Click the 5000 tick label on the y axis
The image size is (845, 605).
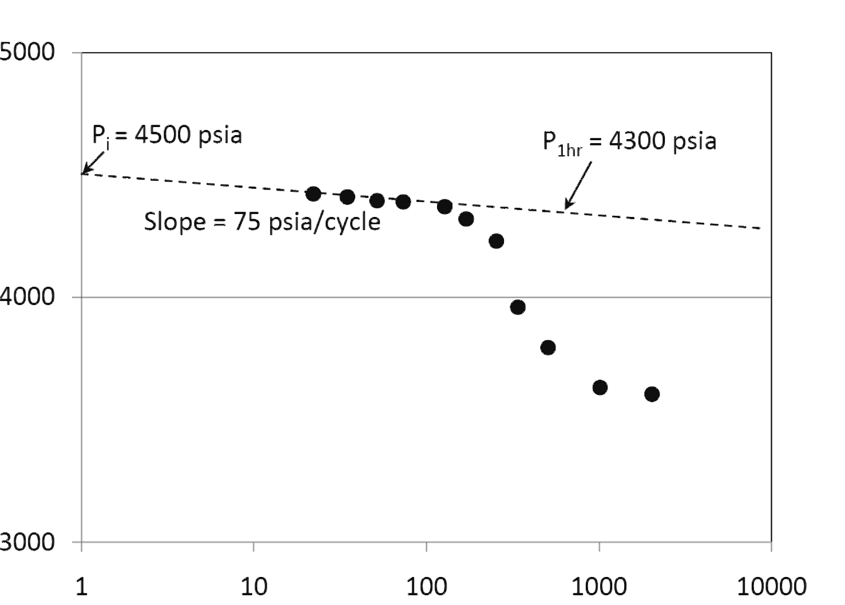click(27, 52)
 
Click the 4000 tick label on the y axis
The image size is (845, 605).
click(27, 296)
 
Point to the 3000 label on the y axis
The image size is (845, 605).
click(27, 542)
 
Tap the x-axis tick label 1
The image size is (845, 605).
click(81, 587)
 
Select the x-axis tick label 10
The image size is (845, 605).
click(254, 587)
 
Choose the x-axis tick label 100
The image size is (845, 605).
click(426, 587)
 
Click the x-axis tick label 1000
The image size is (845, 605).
click(599, 587)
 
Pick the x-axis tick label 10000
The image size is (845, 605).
click(771, 587)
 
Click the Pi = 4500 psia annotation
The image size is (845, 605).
click(167, 136)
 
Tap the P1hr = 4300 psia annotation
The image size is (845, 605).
click(629, 143)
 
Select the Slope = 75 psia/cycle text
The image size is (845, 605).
click(262, 222)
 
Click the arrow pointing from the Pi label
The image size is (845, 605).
click(93, 163)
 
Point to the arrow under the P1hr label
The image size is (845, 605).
click(578, 185)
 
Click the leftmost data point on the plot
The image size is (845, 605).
click(313, 194)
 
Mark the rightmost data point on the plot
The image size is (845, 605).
click(652, 394)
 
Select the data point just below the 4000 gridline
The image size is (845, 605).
click(518, 307)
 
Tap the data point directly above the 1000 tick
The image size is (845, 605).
click(600, 387)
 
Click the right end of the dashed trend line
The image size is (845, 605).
click(760, 228)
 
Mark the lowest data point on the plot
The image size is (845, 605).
click(652, 394)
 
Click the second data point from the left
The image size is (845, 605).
click(347, 197)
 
